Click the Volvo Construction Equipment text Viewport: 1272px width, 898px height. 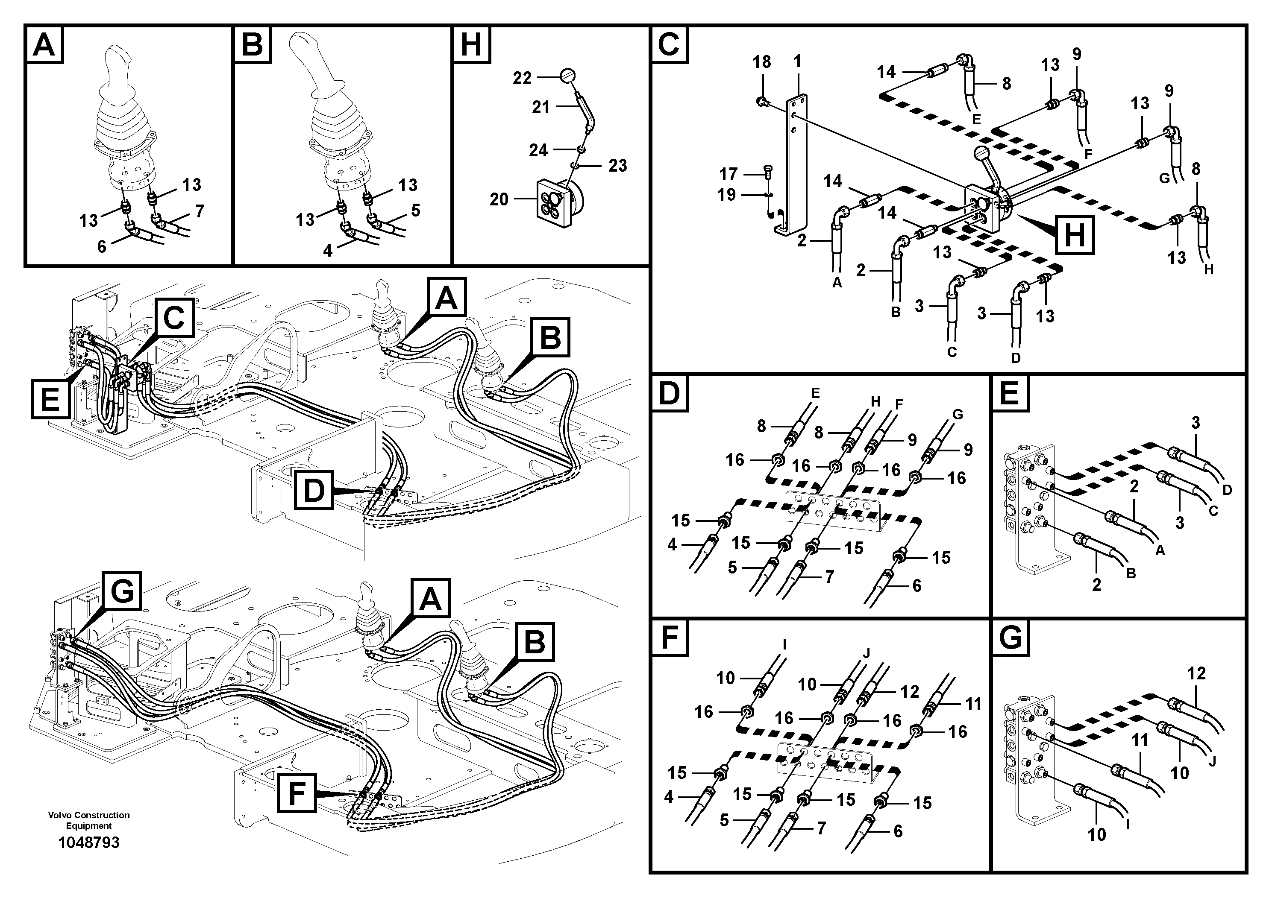pyautogui.click(x=88, y=820)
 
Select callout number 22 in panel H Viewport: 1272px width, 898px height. pyautogui.click(x=522, y=78)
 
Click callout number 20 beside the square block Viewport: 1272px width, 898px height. pyautogui.click(x=499, y=199)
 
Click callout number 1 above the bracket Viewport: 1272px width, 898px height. pyautogui.click(x=797, y=61)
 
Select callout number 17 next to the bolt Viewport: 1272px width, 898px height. pyautogui.click(x=729, y=174)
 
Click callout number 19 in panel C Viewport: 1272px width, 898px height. pyautogui.click(x=726, y=195)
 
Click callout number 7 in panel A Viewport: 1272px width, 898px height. pyautogui.click(x=200, y=211)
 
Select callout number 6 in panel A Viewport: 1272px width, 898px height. pyautogui.click(x=101, y=246)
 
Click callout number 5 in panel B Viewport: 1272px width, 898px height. pyautogui.click(x=415, y=211)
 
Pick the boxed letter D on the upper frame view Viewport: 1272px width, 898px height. pyautogui.click(x=314, y=490)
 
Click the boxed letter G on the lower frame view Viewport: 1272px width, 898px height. pyautogui.click(x=122, y=592)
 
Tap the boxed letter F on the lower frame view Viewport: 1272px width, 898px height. pyautogui.click(x=297, y=793)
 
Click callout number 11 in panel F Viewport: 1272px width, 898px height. pyautogui.click(x=973, y=704)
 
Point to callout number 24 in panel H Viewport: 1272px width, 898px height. pyautogui.click(x=538, y=150)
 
